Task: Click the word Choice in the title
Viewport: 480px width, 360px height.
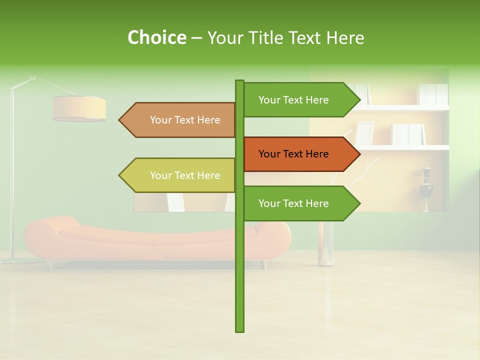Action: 156,37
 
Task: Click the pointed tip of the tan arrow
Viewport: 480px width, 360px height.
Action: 120,120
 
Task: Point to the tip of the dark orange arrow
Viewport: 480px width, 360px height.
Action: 359,154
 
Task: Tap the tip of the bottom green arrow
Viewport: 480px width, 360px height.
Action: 359,203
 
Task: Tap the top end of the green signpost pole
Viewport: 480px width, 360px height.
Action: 239,82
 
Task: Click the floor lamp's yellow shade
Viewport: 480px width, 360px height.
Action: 79,108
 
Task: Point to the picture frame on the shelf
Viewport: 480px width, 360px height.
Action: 364,132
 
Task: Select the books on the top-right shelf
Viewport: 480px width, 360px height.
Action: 433,94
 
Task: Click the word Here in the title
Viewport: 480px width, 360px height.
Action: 345,37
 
